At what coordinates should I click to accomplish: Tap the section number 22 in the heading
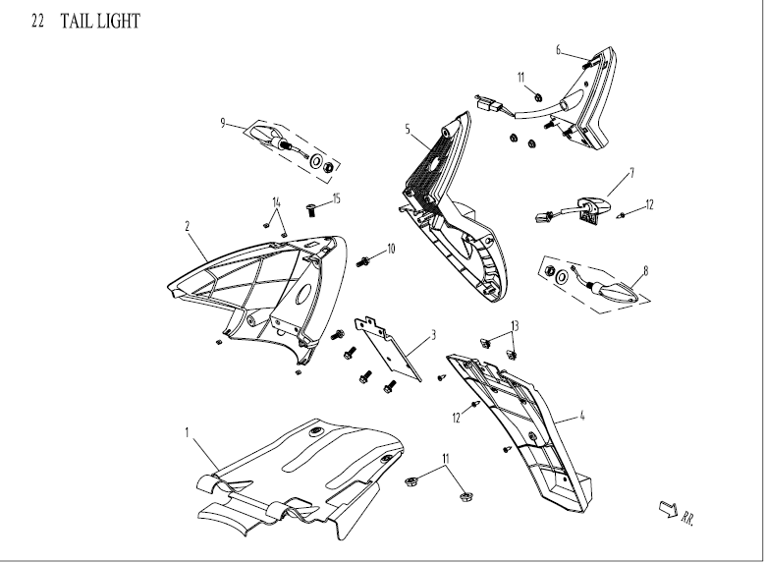click(x=38, y=21)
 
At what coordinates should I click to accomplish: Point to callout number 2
click(x=187, y=224)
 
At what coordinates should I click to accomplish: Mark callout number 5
click(x=407, y=128)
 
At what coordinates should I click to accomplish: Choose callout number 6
click(x=558, y=48)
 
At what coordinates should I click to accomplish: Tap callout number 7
click(x=631, y=170)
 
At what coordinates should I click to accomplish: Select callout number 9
click(x=224, y=123)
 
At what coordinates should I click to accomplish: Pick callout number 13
click(x=513, y=325)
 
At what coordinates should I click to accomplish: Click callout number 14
click(x=277, y=201)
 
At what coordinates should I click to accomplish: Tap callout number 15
click(x=336, y=198)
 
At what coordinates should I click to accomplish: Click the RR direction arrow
click(x=667, y=507)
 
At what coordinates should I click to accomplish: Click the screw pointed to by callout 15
click(x=312, y=209)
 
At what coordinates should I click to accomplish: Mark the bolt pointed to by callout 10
click(x=365, y=260)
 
